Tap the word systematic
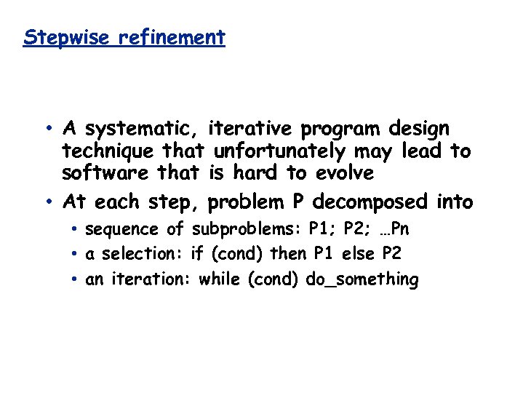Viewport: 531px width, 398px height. point(143,130)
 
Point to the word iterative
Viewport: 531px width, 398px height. point(253,129)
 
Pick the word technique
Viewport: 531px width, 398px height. point(109,151)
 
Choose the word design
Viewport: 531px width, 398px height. point(419,130)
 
